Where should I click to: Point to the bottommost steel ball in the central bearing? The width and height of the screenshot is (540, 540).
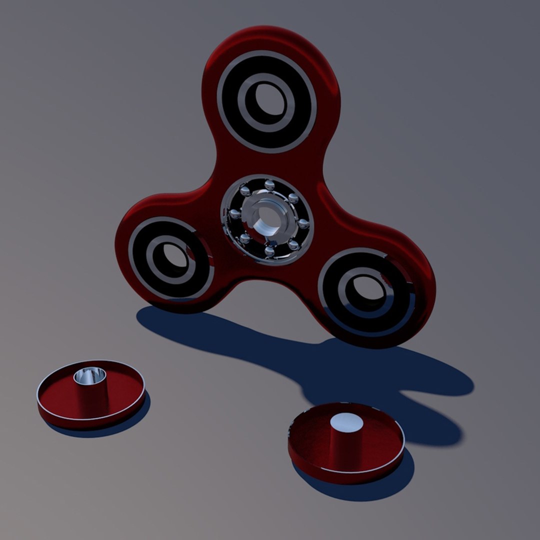pyautogui.click(x=269, y=251)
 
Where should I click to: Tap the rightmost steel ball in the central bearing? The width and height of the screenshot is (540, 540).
pyautogui.click(x=303, y=223)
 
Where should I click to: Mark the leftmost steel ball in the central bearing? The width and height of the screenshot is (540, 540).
pyautogui.click(x=233, y=215)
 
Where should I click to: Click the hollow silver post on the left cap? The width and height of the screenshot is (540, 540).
pyautogui.click(x=90, y=375)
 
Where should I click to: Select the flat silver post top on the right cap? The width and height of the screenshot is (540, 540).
pyautogui.click(x=346, y=422)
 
